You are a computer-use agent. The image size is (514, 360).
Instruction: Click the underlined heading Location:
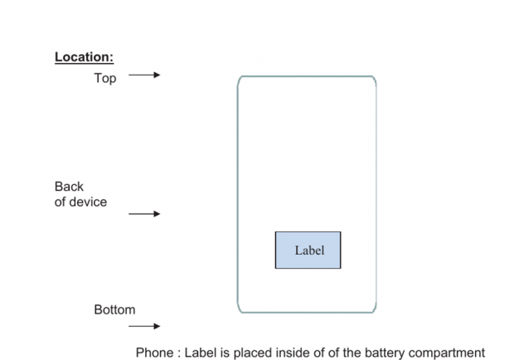coord(84,57)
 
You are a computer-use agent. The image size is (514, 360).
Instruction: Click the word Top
coord(105,79)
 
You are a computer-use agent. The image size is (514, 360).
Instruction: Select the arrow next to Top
coord(144,75)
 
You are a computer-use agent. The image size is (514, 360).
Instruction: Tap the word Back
coord(69,187)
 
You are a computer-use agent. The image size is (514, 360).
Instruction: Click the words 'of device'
coord(80,202)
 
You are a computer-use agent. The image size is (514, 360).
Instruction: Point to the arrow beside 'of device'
coord(144,214)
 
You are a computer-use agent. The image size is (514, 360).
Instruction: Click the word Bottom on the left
coord(114,310)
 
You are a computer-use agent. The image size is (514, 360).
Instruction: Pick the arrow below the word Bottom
coord(144,327)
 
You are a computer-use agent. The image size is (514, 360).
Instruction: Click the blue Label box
coord(308,250)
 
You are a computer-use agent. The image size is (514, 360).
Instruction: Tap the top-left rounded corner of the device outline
coord(241,80)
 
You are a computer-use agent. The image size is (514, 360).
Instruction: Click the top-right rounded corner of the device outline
coord(373,80)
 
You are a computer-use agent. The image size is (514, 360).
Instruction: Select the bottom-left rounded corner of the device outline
coord(241,309)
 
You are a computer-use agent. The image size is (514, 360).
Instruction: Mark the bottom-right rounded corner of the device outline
coord(373,309)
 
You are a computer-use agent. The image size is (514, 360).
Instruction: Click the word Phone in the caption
coord(155,352)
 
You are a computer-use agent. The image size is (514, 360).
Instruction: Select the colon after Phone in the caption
coord(177,352)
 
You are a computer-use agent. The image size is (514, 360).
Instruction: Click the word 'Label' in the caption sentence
coord(201,352)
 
